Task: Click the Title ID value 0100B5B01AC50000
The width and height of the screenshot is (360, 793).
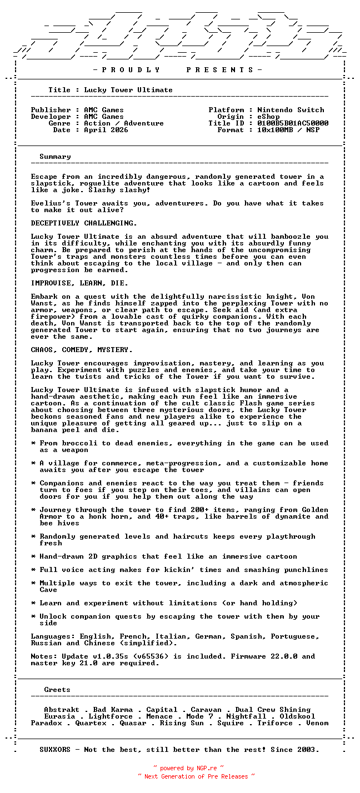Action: pos(293,123)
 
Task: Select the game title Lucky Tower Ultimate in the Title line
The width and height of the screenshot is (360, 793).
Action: pos(128,90)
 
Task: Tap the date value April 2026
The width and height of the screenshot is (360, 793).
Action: pos(106,130)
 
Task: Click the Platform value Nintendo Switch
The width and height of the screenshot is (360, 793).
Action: pos(291,110)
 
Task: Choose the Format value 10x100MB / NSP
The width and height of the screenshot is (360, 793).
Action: pos(288,130)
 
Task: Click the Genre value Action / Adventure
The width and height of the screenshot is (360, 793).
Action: pos(124,123)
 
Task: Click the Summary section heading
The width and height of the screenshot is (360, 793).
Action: pos(55,157)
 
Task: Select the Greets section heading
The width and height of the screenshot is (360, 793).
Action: pos(57,690)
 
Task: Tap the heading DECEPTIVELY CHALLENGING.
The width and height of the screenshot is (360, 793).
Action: pos(84,223)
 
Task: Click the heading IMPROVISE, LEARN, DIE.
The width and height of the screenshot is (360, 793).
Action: pos(79,283)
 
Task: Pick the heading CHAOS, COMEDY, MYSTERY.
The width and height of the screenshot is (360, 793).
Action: pos(82,350)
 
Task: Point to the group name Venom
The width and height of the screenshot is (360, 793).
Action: pos(317,723)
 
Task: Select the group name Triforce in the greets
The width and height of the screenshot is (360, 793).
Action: pos(275,723)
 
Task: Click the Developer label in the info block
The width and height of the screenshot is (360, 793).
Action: pos(51,117)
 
